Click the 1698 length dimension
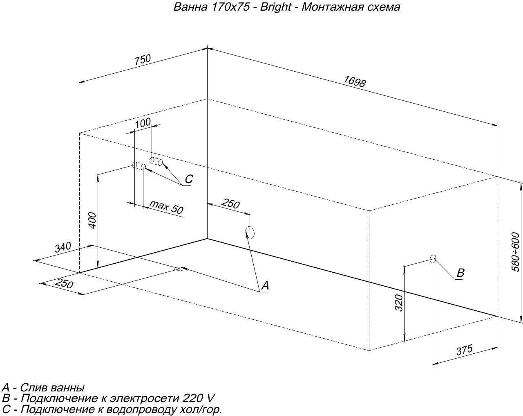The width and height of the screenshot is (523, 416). click(x=354, y=81)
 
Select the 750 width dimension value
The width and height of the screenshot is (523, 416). click(x=143, y=60)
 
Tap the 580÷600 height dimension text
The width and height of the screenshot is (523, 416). click(x=516, y=251)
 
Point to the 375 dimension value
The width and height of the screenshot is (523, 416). click(x=464, y=350)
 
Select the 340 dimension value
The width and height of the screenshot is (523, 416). click(x=63, y=247)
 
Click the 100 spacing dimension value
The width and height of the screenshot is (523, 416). click(x=143, y=122)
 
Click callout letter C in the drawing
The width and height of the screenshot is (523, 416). click(x=188, y=179)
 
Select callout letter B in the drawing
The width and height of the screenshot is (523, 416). click(x=460, y=273)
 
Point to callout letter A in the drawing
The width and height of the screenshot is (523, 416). click(x=265, y=285)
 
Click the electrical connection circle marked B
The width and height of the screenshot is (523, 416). click(x=433, y=258)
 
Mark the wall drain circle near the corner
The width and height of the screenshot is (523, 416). click(x=250, y=233)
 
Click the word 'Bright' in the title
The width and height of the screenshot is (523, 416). click(x=277, y=7)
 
